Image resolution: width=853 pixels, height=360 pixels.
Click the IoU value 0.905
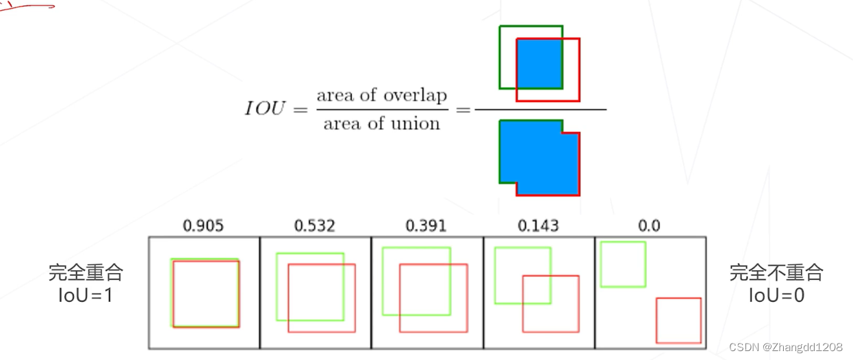click(x=204, y=225)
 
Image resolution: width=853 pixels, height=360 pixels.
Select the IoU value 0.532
click(x=315, y=225)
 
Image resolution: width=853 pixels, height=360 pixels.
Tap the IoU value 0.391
click(x=426, y=225)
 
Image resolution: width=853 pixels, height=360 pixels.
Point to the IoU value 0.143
click(x=537, y=225)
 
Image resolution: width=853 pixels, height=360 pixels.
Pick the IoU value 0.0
click(x=649, y=225)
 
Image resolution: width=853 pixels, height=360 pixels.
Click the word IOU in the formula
click(x=264, y=110)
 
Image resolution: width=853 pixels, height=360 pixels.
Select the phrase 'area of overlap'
click(x=381, y=95)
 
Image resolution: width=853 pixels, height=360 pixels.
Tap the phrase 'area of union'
click(x=381, y=124)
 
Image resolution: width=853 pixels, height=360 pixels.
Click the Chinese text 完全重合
click(x=86, y=273)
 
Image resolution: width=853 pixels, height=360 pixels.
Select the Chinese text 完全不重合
click(x=776, y=273)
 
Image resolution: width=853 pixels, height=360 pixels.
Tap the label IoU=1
click(x=86, y=296)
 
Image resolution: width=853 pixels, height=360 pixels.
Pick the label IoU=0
click(x=776, y=296)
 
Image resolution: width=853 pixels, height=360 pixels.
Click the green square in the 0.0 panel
click(x=623, y=264)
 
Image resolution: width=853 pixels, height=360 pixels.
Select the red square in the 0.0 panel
click(x=678, y=320)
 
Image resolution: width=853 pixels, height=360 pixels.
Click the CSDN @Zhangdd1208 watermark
click(x=786, y=348)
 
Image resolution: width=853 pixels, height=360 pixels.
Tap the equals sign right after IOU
click(x=299, y=110)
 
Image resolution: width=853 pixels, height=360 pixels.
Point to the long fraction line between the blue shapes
click(x=540, y=110)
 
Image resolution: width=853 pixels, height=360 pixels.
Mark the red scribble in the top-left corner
click(x=27, y=6)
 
